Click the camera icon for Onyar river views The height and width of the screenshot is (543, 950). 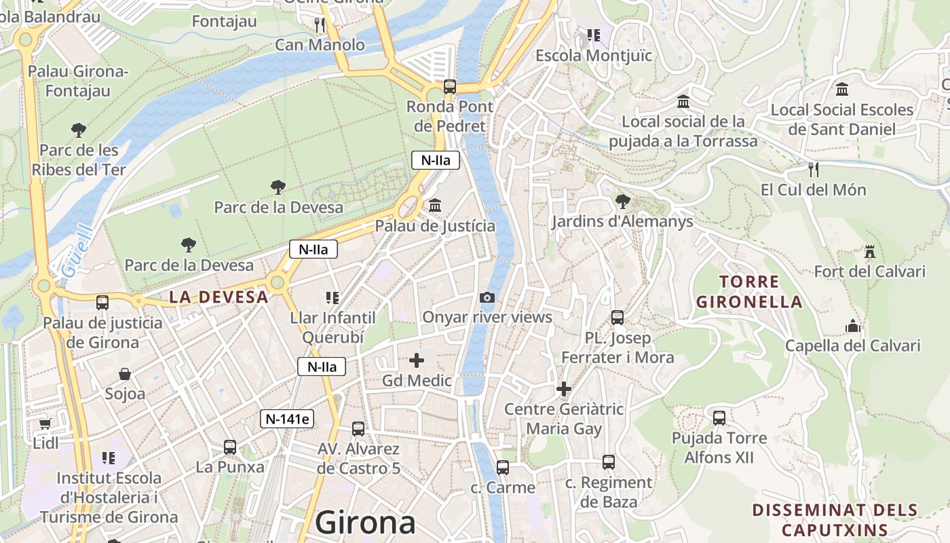(487, 297)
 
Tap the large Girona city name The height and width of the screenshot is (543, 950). (365, 523)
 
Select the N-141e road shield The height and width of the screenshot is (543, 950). (287, 419)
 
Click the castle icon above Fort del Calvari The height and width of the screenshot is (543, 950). (869, 252)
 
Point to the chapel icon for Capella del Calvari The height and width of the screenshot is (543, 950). (853, 326)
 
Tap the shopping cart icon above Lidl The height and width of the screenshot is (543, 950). (45, 424)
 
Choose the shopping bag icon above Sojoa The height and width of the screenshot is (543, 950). (125, 374)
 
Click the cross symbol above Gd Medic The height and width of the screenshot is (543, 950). (417, 360)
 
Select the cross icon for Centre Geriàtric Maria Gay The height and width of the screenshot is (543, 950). (563, 389)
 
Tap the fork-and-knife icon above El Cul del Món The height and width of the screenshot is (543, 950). (813, 169)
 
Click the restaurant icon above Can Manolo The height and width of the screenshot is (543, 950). (320, 25)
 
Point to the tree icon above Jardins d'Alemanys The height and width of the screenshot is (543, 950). (622, 201)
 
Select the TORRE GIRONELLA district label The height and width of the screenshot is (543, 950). (749, 292)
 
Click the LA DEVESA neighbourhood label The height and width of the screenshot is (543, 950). (218, 297)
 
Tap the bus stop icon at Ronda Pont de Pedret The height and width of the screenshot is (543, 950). (449, 86)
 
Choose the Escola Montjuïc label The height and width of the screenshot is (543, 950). (594, 56)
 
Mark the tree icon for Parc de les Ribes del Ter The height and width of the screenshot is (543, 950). (79, 130)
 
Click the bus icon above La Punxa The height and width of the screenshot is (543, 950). (230, 447)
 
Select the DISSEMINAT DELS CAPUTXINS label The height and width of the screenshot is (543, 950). (835, 520)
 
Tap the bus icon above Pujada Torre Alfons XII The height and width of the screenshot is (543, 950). (719, 417)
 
